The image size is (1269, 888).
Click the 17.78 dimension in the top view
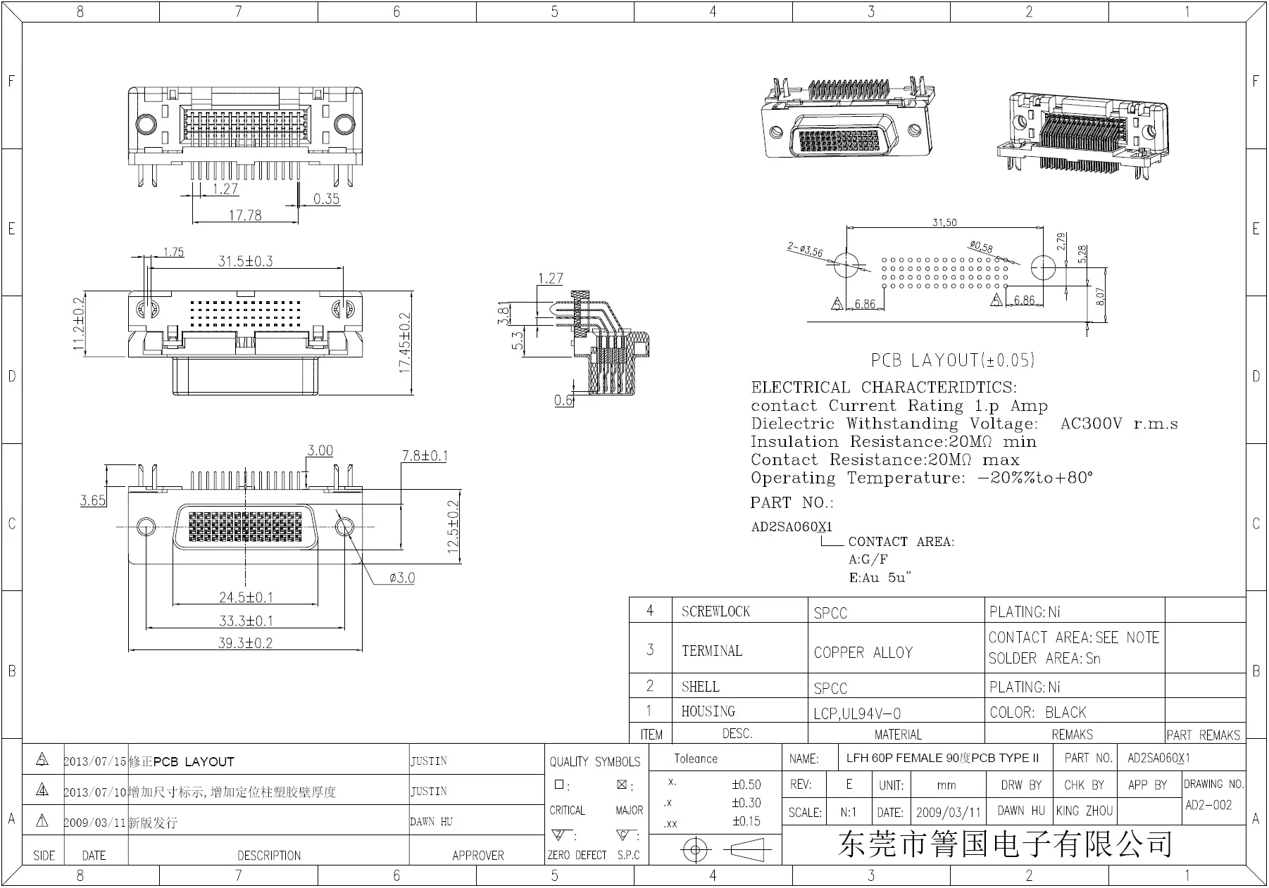[x=244, y=215]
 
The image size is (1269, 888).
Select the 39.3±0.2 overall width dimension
[x=245, y=642]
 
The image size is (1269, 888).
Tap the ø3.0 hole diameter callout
[x=401, y=578]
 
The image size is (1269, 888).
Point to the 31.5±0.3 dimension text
[x=245, y=261]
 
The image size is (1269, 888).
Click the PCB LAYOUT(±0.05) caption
[x=952, y=360]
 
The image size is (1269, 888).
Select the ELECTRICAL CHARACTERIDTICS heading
[x=883, y=387]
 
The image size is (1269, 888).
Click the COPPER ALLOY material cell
[x=863, y=652]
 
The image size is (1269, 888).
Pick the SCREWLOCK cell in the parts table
[x=715, y=611]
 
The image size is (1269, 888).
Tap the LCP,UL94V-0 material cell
[x=856, y=713]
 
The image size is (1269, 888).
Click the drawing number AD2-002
[x=1208, y=805]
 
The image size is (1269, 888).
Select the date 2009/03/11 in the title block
[x=948, y=812]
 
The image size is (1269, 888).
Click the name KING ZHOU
[x=1084, y=811]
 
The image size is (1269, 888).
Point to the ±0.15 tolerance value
[x=746, y=820]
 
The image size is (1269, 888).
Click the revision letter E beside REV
[x=849, y=785]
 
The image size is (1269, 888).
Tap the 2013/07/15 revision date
[x=95, y=761]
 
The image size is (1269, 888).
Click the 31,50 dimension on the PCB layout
[x=944, y=222]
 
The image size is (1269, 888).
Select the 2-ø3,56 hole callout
[x=804, y=249]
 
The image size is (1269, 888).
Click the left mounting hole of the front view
[x=146, y=526]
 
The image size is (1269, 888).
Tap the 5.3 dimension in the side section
[x=518, y=341]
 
